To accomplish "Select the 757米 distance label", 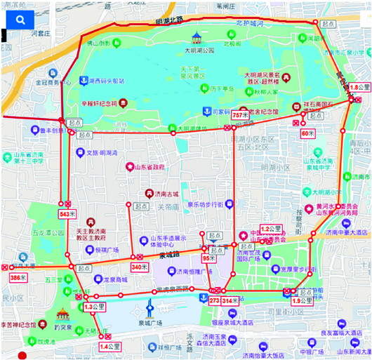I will point(240,114).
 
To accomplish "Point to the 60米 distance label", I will point(307,133).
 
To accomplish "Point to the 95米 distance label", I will point(208,258).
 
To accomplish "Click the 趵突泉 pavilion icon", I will point(64,314).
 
